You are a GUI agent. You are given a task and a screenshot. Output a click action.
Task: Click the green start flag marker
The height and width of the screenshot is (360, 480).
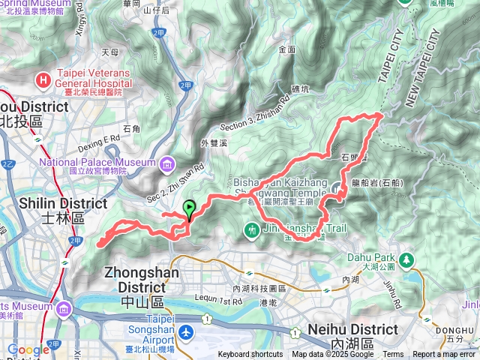click(189, 209)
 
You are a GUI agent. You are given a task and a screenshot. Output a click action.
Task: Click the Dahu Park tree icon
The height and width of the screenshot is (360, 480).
click(406, 259)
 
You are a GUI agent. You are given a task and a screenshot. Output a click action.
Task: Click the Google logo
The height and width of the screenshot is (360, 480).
click(28, 349)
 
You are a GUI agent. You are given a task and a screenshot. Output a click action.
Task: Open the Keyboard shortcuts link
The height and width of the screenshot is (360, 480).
click(250, 355)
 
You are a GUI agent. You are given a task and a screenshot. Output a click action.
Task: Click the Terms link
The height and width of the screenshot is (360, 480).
click(393, 355)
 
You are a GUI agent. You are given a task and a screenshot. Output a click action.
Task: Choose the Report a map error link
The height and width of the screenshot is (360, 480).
click(445, 355)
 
